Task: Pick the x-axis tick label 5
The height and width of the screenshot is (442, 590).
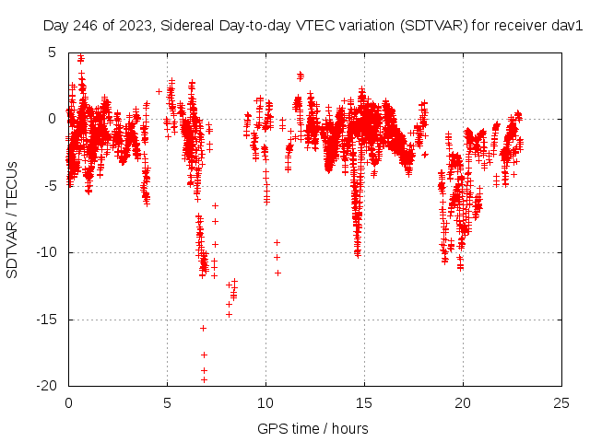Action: pyautogui.click(x=167, y=403)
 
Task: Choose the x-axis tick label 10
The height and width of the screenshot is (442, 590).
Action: pyautogui.click(x=265, y=403)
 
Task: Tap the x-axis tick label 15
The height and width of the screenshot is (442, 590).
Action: pyautogui.click(x=364, y=403)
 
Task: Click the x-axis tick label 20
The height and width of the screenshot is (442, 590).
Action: pyautogui.click(x=463, y=403)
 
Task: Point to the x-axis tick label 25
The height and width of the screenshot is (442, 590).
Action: pyautogui.click(x=561, y=403)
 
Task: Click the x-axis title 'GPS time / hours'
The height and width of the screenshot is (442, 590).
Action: pyautogui.click(x=313, y=428)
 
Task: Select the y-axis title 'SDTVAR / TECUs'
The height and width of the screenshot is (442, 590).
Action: pyautogui.click(x=13, y=219)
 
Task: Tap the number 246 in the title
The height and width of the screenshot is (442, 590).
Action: pyautogui.click(x=86, y=26)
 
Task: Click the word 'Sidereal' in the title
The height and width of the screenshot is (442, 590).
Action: pyautogui.click(x=185, y=26)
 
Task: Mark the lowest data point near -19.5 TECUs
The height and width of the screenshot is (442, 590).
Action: pyautogui.click(x=204, y=379)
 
